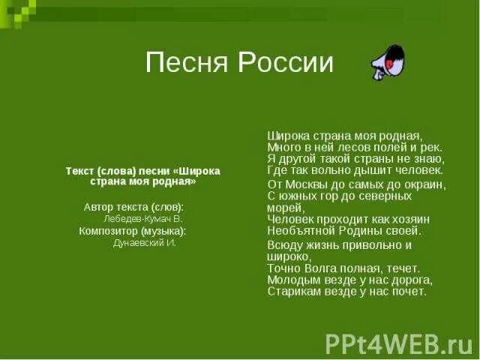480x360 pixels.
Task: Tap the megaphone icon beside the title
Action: click(388, 63)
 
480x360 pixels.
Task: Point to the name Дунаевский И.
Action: click(145, 243)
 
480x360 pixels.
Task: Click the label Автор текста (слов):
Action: click(133, 206)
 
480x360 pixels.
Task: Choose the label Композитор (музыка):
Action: click(133, 231)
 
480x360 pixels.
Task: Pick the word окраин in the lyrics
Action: click(424, 184)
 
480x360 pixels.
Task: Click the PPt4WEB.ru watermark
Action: click(398, 343)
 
